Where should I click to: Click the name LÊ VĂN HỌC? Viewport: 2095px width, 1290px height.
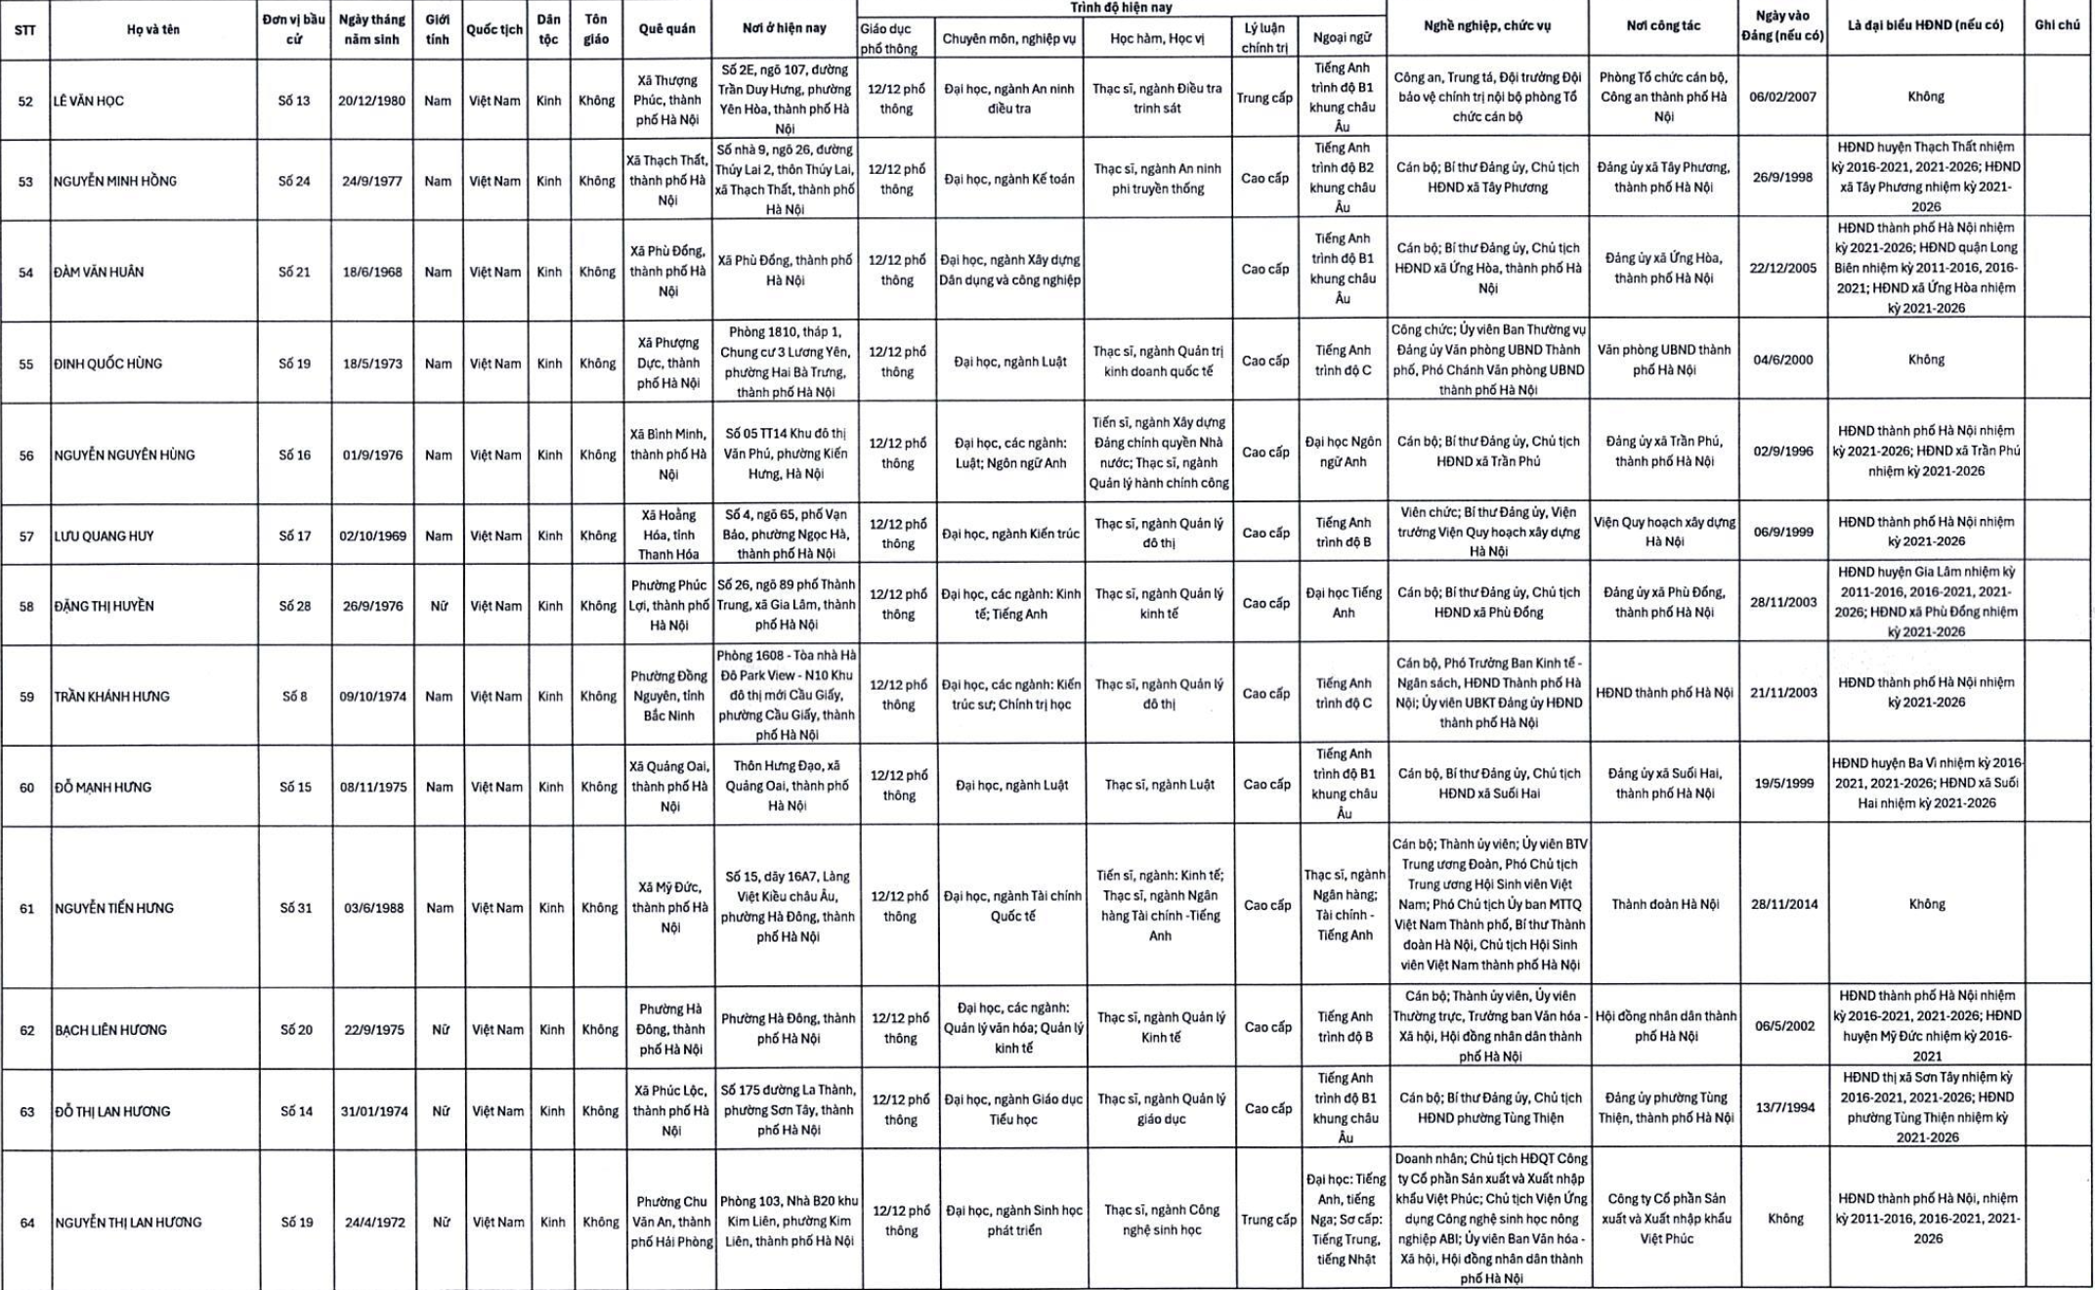(89, 102)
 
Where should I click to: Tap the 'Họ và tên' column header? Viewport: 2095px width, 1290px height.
(153, 29)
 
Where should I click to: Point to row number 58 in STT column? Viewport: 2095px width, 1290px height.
(26, 607)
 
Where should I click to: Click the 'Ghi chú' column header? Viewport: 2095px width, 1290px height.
(2057, 25)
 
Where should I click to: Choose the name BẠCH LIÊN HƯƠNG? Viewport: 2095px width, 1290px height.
(110, 1031)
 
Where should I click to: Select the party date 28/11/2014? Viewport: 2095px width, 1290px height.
(1784, 905)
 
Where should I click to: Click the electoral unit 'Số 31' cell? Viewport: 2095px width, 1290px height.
(295, 909)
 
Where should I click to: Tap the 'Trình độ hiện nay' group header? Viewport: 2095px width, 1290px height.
(1121, 8)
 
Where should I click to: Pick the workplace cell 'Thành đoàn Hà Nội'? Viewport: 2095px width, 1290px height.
(1665, 905)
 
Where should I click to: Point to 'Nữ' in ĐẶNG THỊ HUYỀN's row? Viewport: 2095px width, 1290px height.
(439, 607)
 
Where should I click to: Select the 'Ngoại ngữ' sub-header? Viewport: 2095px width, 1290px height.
(1342, 38)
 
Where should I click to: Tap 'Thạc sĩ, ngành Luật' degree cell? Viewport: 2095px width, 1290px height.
(1159, 786)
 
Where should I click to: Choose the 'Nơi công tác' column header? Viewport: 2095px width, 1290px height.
(1663, 26)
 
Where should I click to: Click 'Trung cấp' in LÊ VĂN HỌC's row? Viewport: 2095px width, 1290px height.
(1264, 98)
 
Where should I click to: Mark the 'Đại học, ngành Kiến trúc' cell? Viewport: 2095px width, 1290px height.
(1010, 535)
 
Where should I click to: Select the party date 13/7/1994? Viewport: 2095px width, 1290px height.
(1784, 1108)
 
